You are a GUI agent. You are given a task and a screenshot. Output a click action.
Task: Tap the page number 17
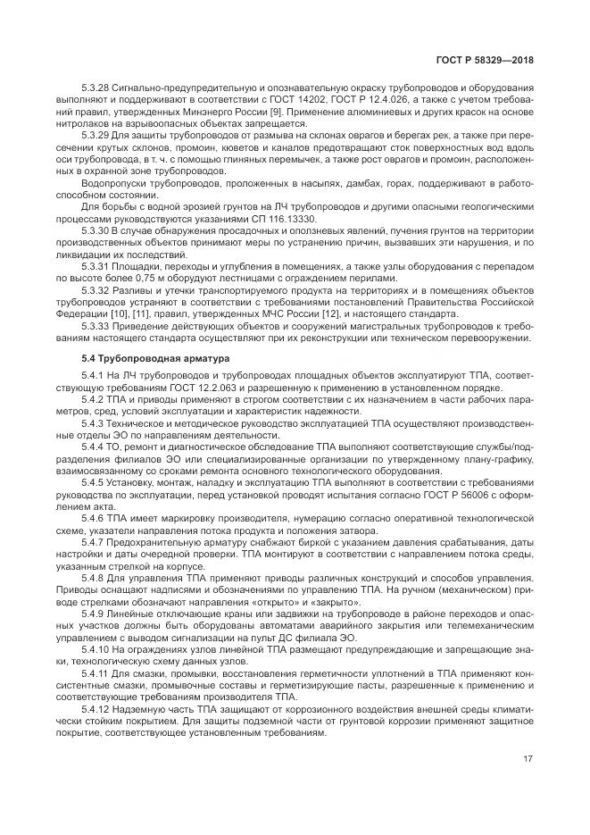pos(528,760)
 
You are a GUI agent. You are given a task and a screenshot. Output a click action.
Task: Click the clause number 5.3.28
pos(95,88)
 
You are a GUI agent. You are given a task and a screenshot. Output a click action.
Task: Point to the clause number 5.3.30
pos(95,231)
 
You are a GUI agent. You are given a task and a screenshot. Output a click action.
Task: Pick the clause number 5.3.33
pos(95,327)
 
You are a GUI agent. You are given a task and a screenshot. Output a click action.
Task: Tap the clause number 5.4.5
pos(92,482)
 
